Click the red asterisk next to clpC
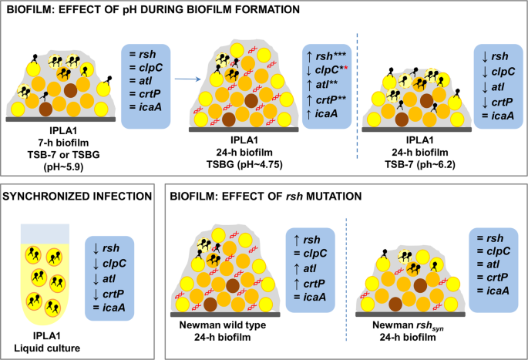coord(346,68)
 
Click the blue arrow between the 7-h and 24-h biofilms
coord(187,79)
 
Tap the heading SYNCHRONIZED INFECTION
coord(77,196)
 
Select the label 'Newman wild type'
coord(223,325)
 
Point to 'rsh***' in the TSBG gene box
coord(331,56)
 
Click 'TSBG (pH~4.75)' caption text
coord(244,164)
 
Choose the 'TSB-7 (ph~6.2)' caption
coord(420,164)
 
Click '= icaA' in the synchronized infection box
coord(109,308)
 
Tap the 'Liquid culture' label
coord(47,348)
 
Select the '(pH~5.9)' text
coord(63,167)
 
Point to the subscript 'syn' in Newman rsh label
coord(438,328)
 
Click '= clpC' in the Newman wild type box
coord(310,254)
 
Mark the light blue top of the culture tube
coord(45,234)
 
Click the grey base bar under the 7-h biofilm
coord(61,119)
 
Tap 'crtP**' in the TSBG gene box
coord(331,99)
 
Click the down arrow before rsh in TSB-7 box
coord(485,56)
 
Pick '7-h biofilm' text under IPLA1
coord(63,143)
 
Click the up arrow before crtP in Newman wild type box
coord(297,284)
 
